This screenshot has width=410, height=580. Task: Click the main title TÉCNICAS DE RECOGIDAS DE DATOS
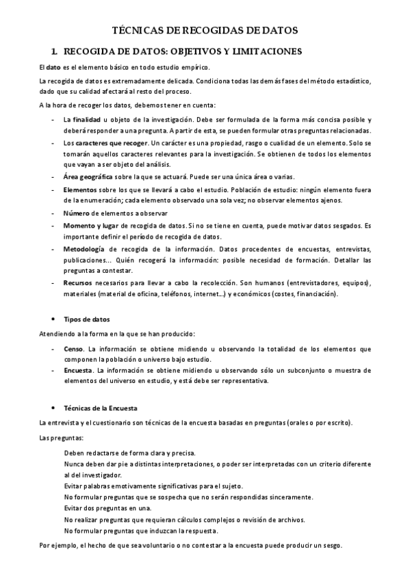pos(205,30)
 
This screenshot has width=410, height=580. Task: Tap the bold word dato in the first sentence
pos(53,67)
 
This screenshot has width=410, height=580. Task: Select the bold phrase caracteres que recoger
pos(111,144)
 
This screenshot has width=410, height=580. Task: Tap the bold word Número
pos(77,213)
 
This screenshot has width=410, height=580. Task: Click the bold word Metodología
pos(85,249)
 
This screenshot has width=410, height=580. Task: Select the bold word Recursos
pos(78,282)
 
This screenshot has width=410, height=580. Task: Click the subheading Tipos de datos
pos(86,319)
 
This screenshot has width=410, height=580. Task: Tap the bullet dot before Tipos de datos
pos(53,319)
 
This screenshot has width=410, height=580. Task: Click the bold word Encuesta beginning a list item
pos(77,370)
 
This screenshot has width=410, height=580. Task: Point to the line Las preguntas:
pos(61,437)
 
